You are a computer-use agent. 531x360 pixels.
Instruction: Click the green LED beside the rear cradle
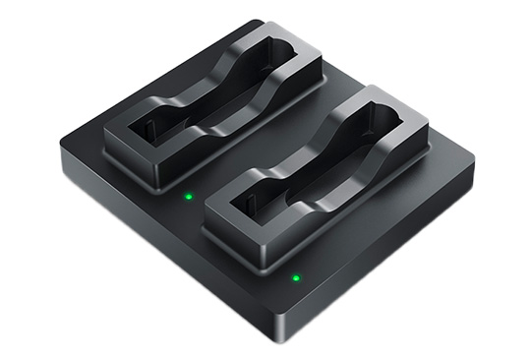tap(188, 195)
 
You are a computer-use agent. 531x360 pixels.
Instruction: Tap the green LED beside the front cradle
tap(295, 277)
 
